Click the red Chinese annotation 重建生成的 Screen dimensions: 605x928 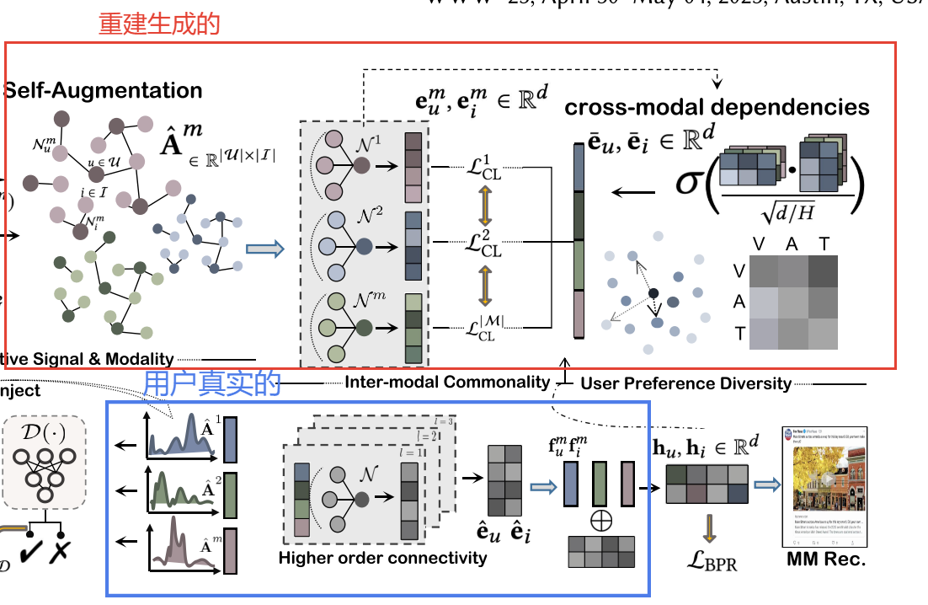[159, 24]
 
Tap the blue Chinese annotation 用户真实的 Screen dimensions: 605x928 [211, 384]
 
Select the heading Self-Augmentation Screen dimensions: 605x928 [103, 91]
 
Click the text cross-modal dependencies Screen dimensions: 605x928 [717, 107]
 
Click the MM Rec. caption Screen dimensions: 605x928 [825, 559]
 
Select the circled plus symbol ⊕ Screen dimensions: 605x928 [600, 520]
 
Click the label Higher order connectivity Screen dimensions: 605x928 [382, 558]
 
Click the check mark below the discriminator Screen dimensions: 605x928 [35, 552]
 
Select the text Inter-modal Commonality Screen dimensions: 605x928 [447, 383]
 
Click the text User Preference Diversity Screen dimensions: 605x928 [685, 384]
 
